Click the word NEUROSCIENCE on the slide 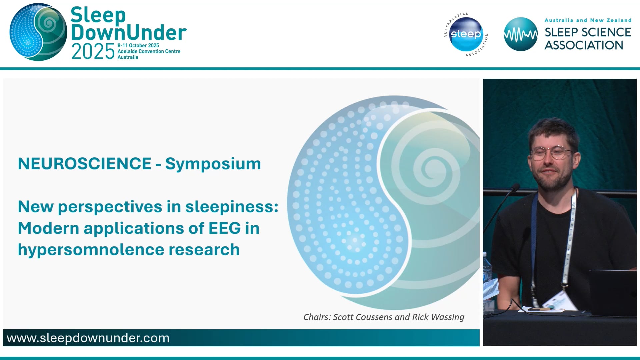(x=85, y=164)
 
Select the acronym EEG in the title (x=225, y=228)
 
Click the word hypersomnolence (x=91, y=250)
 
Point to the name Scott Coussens (x=362, y=317)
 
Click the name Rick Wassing (x=438, y=317)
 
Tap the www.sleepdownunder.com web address (x=88, y=338)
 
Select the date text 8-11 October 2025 (x=138, y=45)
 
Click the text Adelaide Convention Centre (x=149, y=51)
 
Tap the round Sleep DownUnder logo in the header (x=38, y=32)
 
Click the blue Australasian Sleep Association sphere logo (x=466, y=34)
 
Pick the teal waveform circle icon (x=520, y=34)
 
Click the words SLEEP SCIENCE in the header (x=587, y=32)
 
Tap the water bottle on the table (x=487, y=270)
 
